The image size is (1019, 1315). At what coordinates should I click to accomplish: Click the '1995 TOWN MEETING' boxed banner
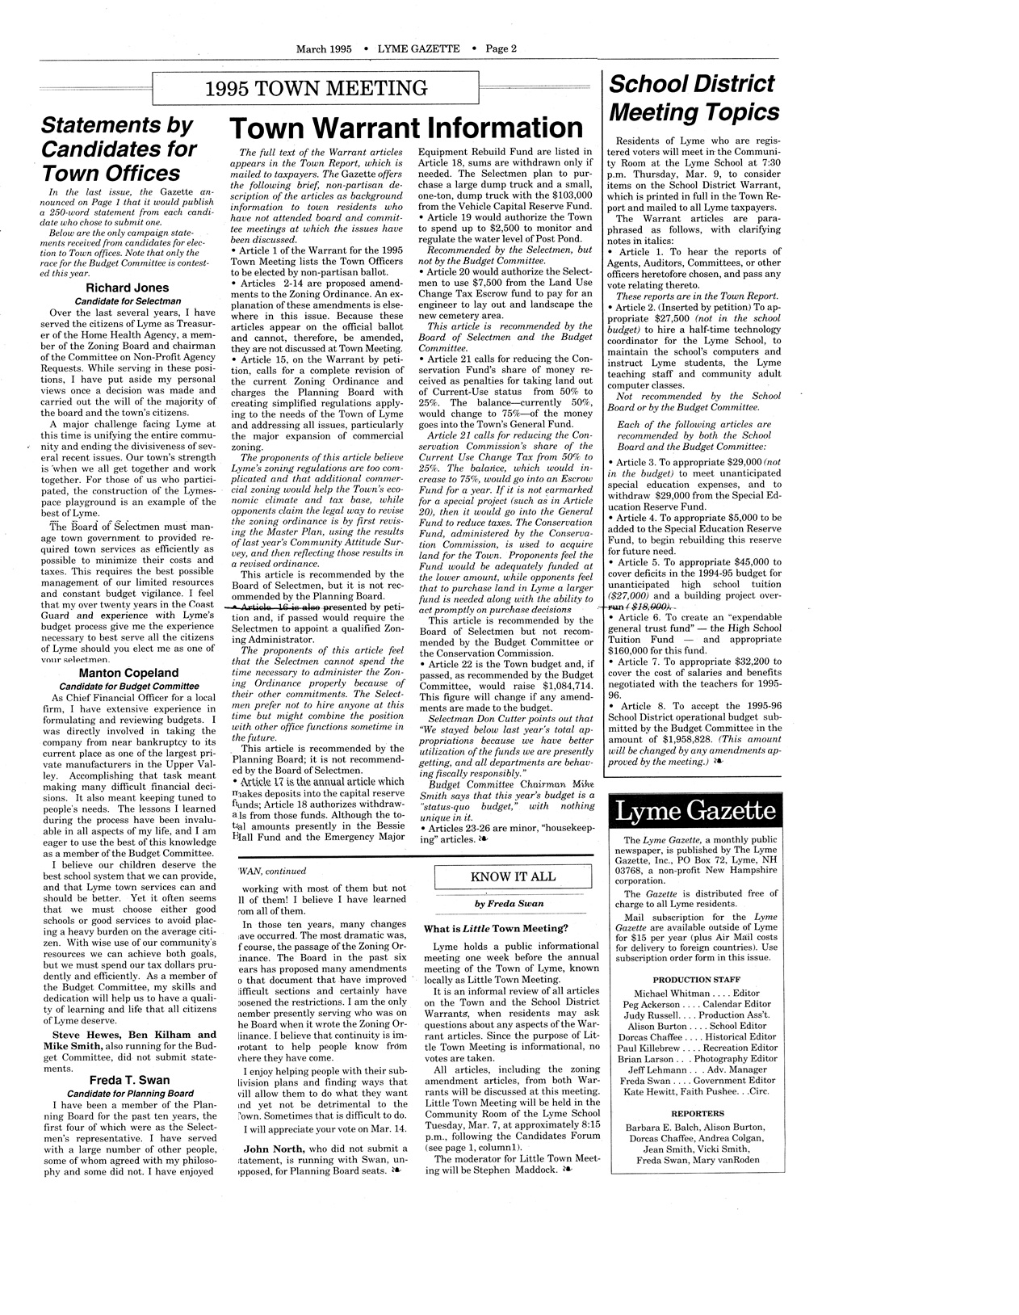316,88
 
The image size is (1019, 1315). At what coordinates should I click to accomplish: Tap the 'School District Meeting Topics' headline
694,97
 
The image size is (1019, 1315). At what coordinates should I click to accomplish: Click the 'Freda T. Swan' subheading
129,1079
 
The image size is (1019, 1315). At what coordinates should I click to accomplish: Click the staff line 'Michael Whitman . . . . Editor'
696,993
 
